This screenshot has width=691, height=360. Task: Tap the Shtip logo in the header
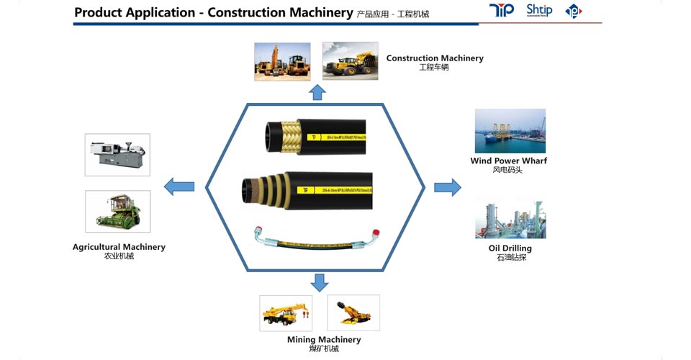[x=539, y=10]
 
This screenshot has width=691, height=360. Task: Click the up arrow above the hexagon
[x=317, y=92]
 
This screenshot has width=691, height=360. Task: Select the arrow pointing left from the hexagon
[x=179, y=187]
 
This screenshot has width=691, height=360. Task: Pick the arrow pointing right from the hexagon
[x=447, y=187]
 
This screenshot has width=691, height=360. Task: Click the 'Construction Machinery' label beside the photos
[x=435, y=58]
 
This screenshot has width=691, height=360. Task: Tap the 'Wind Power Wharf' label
[x=509, y=161]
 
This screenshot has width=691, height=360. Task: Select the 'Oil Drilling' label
[x=510, y=248]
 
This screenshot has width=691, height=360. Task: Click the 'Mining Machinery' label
[x=324, y=339]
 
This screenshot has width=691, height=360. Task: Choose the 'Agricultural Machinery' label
[x=119, y=247]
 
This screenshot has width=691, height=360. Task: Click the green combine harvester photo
[x=117, y=212]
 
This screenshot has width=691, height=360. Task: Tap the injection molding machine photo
[x=117, y=155]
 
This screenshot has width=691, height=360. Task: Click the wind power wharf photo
[x=510, y=130]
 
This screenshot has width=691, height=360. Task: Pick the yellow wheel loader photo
[x=350, y=60]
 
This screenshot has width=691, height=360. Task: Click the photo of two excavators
[x=282, y=61]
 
